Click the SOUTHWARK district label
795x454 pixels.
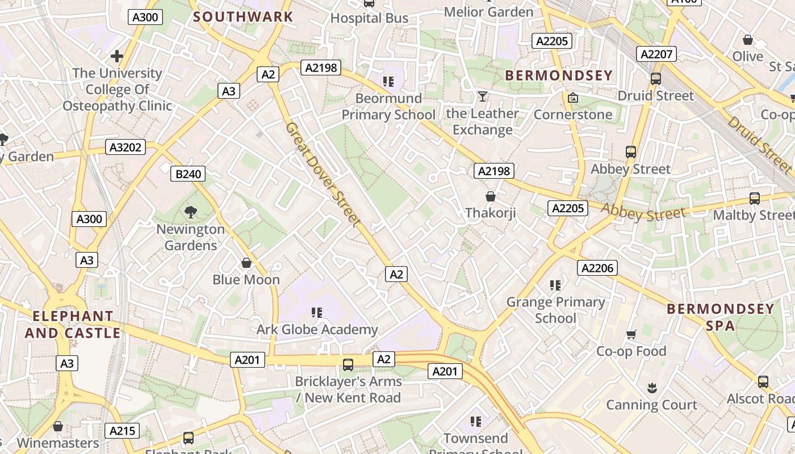(x=243, y=16)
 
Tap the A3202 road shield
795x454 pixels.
(x=125, y=148)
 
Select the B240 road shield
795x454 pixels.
(x=188, y=174)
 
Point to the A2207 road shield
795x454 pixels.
(x=656, y=54)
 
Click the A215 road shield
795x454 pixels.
(x=122, y=431)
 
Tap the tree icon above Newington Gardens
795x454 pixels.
(x=191, y=212)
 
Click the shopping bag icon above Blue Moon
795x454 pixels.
(x=246, y=263)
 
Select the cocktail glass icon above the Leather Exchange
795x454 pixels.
(x=482, y=96)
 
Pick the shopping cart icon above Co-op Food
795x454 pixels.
(x=631, y=334)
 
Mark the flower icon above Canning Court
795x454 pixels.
(x=651, y=388)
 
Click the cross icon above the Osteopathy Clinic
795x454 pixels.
(x=117, y=56)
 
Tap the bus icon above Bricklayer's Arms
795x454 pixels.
(x=348, y=364)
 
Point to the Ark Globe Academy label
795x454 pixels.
(x=317, y=330)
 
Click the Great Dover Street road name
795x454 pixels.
(x=323, y=174)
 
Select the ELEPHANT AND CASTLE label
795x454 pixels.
(x=73, y=325)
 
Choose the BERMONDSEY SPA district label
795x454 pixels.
(x=720, y=317)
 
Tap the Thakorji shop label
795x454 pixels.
(x=490, y=213)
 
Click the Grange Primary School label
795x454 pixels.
(x=555, y=310)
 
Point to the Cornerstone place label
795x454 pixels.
(x=573, y=115)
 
